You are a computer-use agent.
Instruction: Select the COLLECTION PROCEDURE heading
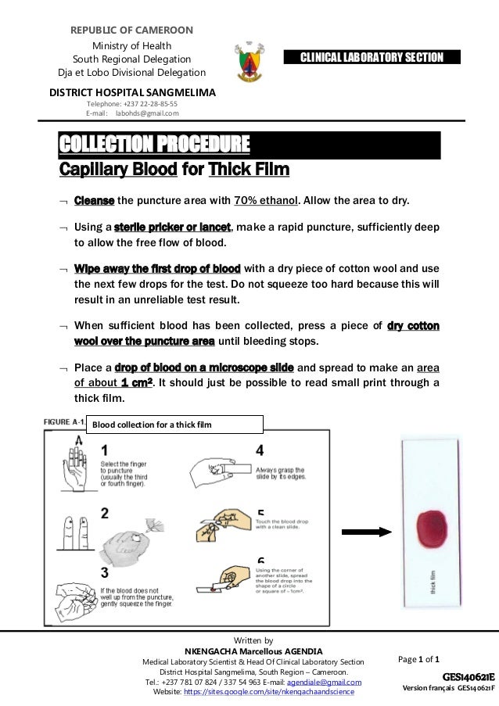(155, 145)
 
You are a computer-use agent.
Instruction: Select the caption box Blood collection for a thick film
(174, 425)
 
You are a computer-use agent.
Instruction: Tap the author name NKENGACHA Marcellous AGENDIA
(251, 650)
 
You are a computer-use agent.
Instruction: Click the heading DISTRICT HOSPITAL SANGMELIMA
(133, 91)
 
